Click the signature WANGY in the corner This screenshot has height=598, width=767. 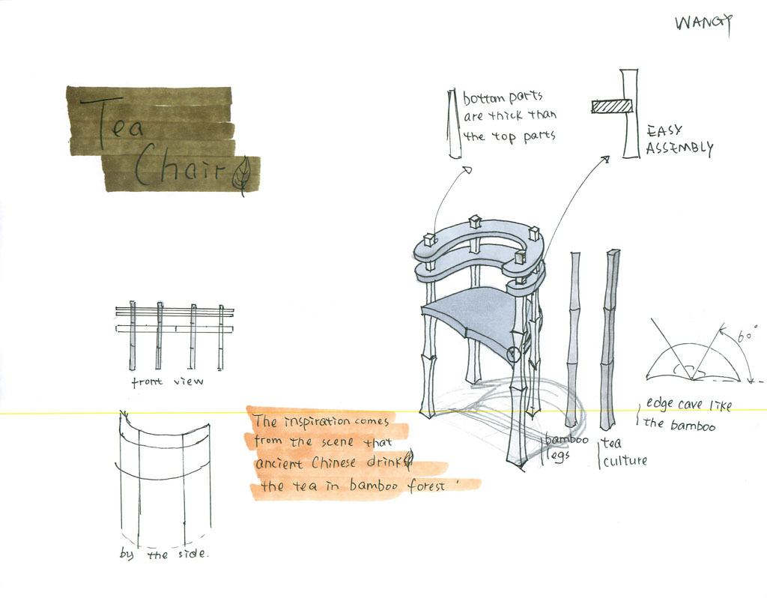pyautogui.click(x=703, y=22)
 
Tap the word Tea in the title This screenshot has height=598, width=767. pyautogui.click(x=112, y=122)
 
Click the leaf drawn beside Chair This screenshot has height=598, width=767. pyautogui.click(x=241, y=177)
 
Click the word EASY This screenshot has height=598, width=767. pyautogui.click(x=664, y=130)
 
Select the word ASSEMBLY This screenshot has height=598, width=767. pyautogui.click(x=679, y=148)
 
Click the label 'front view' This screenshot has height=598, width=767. pyautogui.click(x=167, y=382)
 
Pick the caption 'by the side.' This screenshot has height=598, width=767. pyautogui.click(x=164, y=555)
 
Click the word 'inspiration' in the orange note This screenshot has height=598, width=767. pyautogui.click(x=312, y=421)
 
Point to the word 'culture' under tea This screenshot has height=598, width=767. pyautogui.click(x=624, y=461)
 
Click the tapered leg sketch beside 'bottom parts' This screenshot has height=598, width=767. pyautogui.click(x=453, y=124)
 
